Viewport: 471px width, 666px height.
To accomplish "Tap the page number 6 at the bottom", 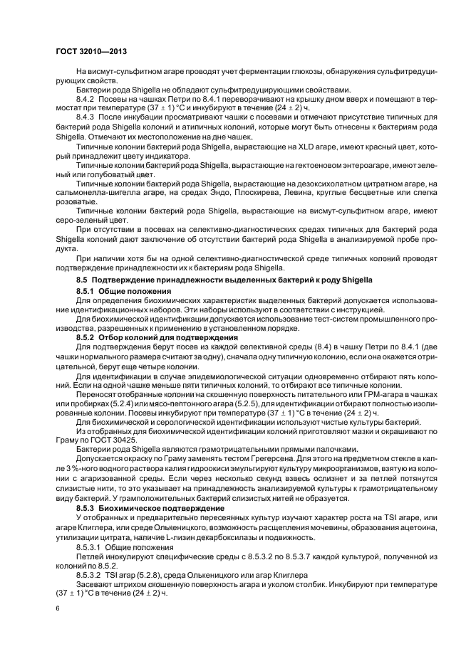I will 57,608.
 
